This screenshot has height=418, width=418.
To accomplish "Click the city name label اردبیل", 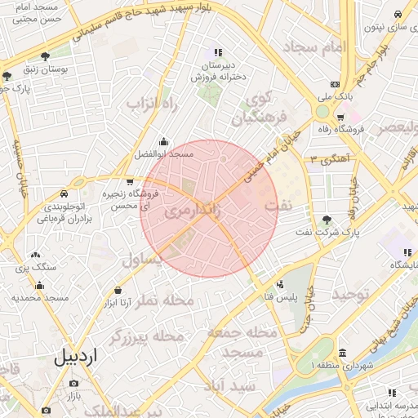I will pyautogui.click(x=75, y=357).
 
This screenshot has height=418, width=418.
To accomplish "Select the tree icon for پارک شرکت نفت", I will pyautogui.click(x=327, y=219).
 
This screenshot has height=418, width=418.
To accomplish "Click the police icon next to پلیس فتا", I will pyautogui.click(x=281, y=285).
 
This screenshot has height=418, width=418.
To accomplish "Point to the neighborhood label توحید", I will pyautogui.click(x=345, y=292).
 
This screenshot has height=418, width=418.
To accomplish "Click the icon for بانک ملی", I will pyautogui.click(x=335, y=84).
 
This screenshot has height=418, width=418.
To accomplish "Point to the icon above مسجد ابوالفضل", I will pyautogui.click(x=164, y=140).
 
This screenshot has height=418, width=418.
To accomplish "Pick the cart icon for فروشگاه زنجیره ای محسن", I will pyautogui.click(x=130, y=181).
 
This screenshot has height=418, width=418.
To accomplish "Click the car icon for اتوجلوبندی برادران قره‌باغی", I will pyautogui.click(x=64, y=194).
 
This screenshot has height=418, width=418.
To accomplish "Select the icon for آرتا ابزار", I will pyautogui.click(x=118, y=290).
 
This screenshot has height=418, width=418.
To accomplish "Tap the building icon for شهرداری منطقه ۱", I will pyautogui.click(x=341, y=353).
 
